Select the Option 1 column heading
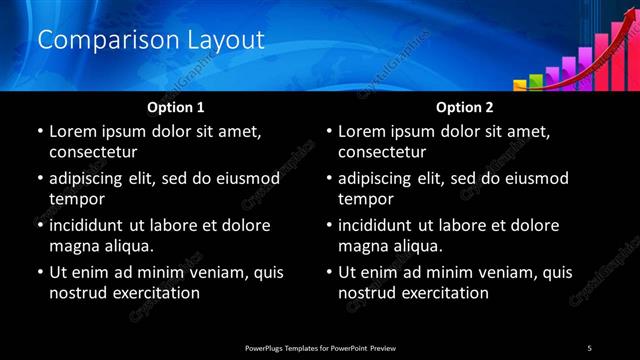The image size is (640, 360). pos(175,107)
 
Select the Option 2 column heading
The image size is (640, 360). pos(464,107)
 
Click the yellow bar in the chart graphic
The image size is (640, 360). pos(522,86)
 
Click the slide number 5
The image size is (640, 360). pos(590,347)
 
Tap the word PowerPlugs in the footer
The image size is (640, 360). pos(268,347)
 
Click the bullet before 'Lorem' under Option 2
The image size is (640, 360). pos(329,132)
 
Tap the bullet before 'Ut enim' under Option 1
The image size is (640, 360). pos(39,273)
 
